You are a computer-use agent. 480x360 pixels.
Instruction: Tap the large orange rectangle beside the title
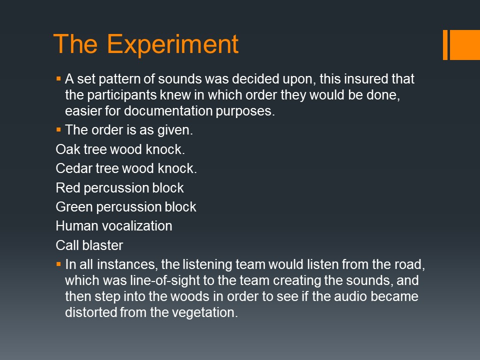pyautogui.click(x=464, y=44)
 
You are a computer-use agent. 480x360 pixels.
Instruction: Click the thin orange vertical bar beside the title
pyautogui.click(x=445, y=44)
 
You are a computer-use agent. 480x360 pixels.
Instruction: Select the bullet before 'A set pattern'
pyautogui.click(x=58, y=79)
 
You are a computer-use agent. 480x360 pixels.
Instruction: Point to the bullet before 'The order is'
pyautogui.click(x=58, y=130)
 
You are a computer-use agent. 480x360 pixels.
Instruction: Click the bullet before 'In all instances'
pyautogui.click(x=58, y=264)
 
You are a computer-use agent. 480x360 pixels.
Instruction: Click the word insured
pyautogui.click(x=362, y=79)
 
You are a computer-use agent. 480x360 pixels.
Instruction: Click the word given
pyautogui.click(x=175, y=130)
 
